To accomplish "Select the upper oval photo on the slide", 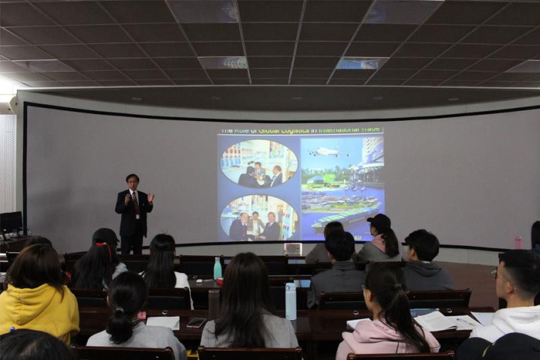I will pyautogui.click(x=259, y=163).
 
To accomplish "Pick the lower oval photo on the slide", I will pyautogui.click(x=259, y=217).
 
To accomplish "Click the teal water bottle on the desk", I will pyautogui.click(x=217, y=269).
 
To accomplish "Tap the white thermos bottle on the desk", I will pyautogui.click(x=291, y=301).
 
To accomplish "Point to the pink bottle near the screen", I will pyautogui.click(x=518, y=242).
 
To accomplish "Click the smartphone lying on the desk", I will pyautogui.click(x=196, y=322).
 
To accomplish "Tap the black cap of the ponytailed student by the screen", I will pyautogui.click(x=380, y=221).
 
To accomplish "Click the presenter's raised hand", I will pyautogui.click(x=151, y=198).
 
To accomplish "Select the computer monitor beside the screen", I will pyautogui.click(x=11, y=222).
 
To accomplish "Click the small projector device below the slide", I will pyautogui.click(x=293, y=249).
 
